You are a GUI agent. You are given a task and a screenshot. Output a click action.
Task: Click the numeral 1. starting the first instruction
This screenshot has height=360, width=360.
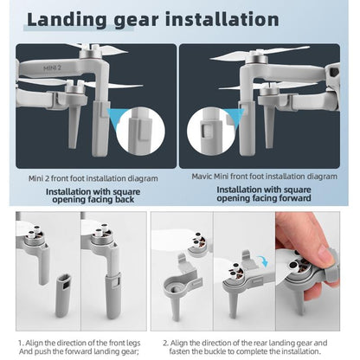point(21,344)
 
